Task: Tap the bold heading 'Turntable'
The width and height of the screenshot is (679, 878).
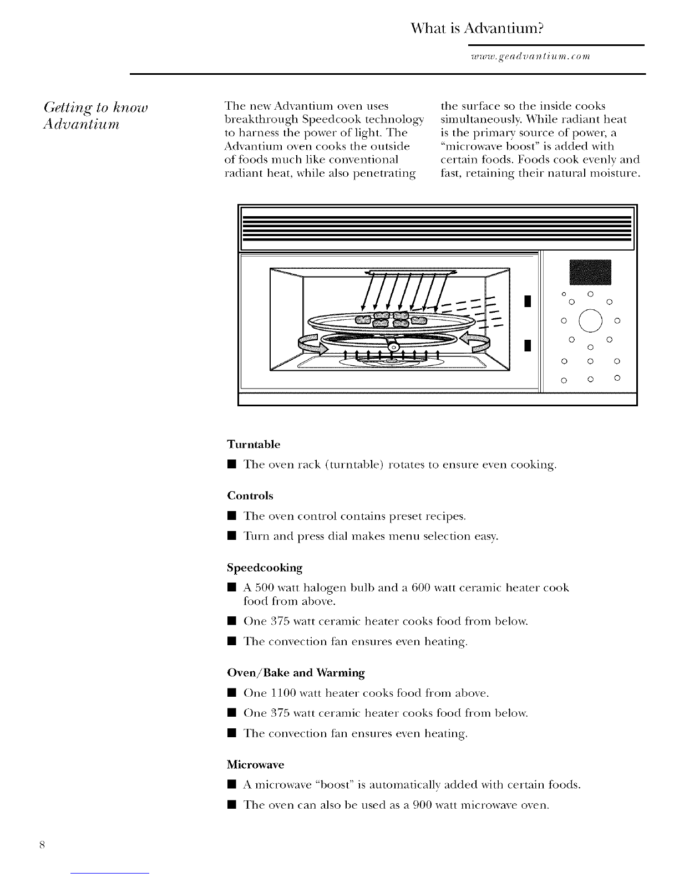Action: (x=254, y=445)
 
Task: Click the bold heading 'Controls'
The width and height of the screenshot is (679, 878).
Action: (x=250, y=496)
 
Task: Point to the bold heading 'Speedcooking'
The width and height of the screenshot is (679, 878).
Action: (x=265, y=568)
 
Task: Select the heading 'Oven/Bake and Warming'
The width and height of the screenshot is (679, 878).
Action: (x=296, y=673)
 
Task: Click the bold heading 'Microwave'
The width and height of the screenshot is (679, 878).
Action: (x=256, y=765)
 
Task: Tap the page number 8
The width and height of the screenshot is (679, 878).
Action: (x=43, y=845)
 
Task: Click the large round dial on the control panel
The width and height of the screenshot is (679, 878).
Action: (x=589, y=320)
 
